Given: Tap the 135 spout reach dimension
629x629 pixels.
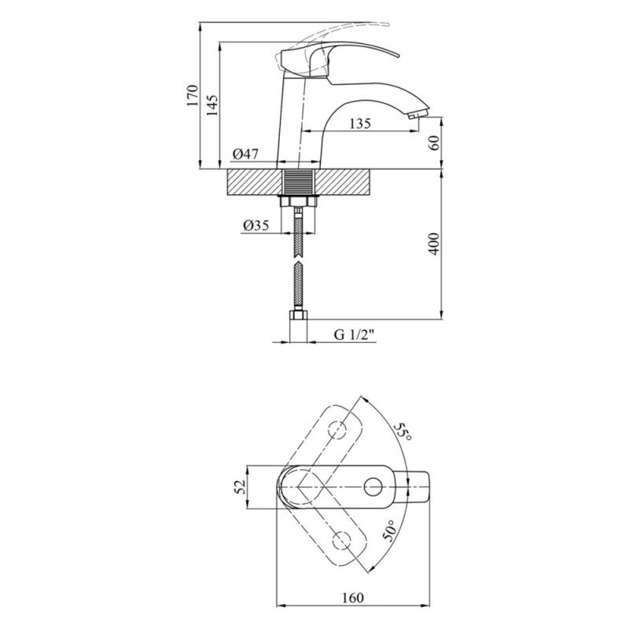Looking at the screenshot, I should [358, 123].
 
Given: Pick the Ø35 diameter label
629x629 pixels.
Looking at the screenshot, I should [256, 225].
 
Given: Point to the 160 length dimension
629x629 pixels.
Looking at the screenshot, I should [353, 598].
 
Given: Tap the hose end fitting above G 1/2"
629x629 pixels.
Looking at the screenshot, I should [299, 318].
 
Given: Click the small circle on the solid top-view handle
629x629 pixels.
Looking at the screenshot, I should [373, 487].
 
